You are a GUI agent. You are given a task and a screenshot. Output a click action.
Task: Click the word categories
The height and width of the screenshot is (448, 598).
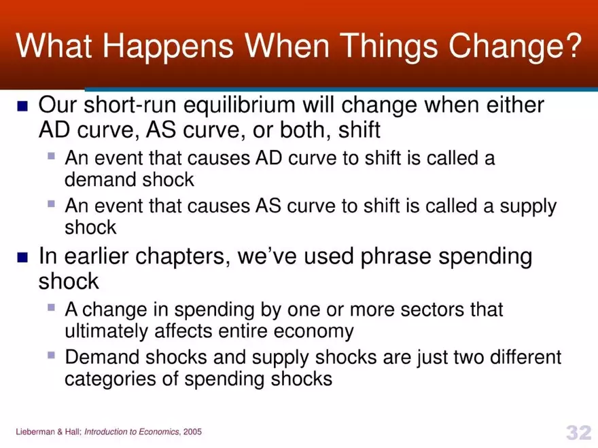point(114,379)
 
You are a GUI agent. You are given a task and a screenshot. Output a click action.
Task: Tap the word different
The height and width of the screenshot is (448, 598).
point(518,356)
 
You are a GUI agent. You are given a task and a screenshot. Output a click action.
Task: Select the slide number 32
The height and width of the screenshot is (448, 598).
point(578,431)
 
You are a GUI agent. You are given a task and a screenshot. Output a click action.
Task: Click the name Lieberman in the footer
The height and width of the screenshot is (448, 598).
point(35,432)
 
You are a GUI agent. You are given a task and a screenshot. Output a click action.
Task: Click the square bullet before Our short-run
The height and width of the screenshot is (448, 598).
point(22,107)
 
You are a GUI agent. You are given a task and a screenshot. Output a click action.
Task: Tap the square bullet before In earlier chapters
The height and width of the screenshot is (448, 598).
point(22,257)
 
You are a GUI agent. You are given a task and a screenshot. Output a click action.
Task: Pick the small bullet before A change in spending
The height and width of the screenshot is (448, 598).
point(52,307)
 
